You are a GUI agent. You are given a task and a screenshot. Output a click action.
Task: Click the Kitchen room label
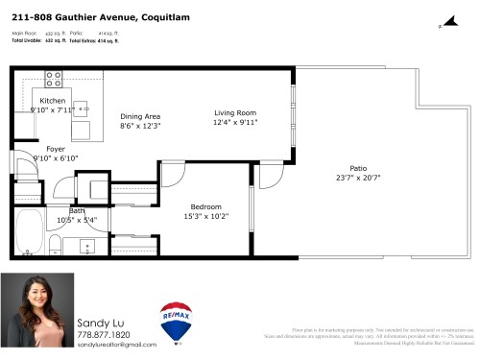(x=51, y=100)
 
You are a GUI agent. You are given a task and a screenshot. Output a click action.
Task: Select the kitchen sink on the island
(x=84, y=107)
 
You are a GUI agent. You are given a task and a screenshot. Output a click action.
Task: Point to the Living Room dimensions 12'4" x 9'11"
(x=234, y=122)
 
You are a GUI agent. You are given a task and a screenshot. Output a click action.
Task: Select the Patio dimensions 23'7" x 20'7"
(x=358, y=177)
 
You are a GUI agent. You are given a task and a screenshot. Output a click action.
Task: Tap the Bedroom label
(x=205, y=206)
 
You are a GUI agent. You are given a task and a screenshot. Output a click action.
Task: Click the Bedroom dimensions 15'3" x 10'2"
(x=205, y=216)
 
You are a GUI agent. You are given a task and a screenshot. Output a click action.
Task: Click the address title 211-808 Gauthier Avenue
(x=77, y=16)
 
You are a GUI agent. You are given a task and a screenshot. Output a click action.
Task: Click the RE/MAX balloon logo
(x=176, y=324)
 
